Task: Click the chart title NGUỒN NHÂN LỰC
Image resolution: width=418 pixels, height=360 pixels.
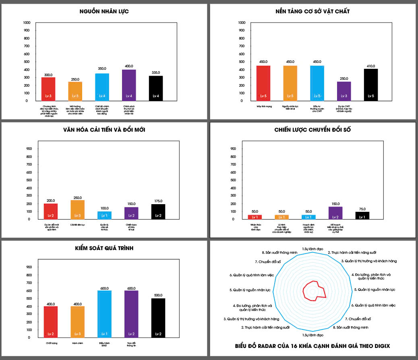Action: (x=104, y=12)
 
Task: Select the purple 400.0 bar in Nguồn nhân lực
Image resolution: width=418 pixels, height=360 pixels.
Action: (x=129, y=85)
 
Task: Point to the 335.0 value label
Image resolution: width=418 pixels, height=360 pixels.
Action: (x=155, y=72)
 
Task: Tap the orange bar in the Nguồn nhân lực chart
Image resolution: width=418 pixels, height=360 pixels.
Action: (x=75, y=91)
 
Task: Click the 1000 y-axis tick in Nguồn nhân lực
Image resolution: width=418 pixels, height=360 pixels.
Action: (x=27, y=23)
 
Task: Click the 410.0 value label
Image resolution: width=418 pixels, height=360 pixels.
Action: (x=371, y=66)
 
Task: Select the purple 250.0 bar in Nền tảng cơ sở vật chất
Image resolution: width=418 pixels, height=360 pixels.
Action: (x=344, y=91)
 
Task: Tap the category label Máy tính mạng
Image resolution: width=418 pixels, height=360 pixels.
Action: (x=263, y=107)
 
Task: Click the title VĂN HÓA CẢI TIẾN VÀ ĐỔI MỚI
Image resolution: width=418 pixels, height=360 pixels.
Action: (x=104, y=130)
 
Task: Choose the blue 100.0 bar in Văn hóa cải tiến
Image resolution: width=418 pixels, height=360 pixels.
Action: (x=104, y=215)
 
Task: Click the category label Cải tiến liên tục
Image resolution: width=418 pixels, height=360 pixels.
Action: (x=77, y=225)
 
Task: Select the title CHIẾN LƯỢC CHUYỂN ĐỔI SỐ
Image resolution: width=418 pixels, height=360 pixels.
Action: (x=312, y=130)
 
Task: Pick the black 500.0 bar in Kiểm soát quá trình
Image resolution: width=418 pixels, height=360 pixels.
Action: (x=158, y=318)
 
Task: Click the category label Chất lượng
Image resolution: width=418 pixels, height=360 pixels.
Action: (x=51, y=343)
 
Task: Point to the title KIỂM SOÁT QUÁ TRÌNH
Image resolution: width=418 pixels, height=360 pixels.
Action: (x=104, y=248)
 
